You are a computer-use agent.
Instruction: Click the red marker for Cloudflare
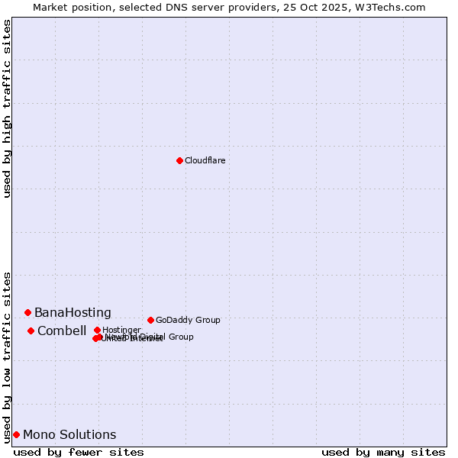179,160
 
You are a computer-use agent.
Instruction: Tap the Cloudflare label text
205,160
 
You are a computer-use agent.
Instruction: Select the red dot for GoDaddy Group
150,320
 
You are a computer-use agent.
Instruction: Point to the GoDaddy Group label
188,320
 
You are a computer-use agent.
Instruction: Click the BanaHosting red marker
27,312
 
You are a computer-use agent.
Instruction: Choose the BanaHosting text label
73,313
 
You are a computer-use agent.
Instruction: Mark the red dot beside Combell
31,331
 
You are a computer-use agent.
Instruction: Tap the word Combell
62,331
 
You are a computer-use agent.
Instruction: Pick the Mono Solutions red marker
16,434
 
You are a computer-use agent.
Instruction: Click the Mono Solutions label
69,435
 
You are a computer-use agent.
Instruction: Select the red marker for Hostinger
97,330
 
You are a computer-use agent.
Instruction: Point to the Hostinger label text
121,330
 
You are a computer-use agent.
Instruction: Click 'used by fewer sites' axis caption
79,453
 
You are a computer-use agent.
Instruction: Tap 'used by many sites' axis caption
383,453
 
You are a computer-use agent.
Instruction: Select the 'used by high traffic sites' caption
8,108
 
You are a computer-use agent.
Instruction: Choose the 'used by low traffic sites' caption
8,356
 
